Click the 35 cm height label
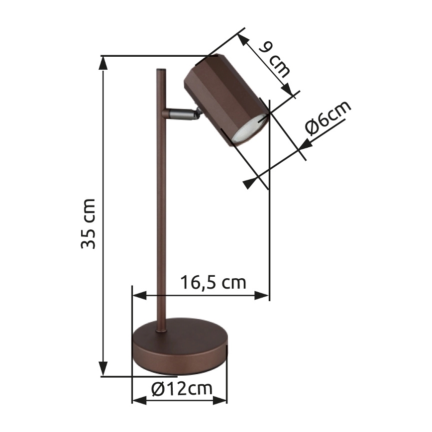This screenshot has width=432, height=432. click(x=89, y=223)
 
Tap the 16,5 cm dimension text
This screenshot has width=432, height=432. click(x=213, y=283)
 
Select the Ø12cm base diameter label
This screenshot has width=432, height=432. click(x=181, y=388)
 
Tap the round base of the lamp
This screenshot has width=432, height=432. click(x=180, y=348)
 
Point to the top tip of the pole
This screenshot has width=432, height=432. click(x=161, y=71)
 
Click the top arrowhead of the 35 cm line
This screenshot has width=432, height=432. click(x=104, y=62)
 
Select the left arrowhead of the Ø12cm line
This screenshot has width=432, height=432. click(x=139, y=400)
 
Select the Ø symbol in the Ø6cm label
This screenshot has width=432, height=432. click(x=313, y=129)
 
